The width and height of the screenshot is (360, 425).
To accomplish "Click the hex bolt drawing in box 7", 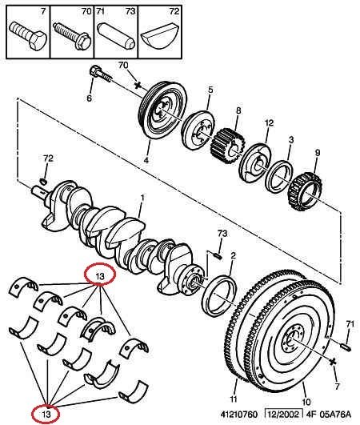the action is (28, 36).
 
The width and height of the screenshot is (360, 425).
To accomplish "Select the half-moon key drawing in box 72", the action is (159, 36).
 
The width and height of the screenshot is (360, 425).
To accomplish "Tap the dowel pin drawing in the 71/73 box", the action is (116, 35).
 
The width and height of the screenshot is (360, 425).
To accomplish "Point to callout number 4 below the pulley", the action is (146, 160).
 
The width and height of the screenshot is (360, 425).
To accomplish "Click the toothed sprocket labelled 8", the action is (228, 146).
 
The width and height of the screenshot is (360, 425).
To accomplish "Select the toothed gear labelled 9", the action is (305, 192).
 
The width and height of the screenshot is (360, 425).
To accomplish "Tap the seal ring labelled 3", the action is (279, 176).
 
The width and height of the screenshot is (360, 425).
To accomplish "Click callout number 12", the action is (269, 123).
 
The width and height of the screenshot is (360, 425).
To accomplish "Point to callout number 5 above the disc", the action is (210, 90).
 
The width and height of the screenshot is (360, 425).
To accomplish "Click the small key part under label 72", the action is (44, 180).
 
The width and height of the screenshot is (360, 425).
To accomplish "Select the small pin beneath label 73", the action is (218, 255).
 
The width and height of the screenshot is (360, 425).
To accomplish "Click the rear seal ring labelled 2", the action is (219, 295).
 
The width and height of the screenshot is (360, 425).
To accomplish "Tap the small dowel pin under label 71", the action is (346, 347).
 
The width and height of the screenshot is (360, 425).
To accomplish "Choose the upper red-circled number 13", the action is (100, 276).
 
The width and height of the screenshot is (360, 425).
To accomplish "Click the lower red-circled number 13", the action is (46, 414).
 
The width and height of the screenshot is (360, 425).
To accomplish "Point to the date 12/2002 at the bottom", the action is (284, 414).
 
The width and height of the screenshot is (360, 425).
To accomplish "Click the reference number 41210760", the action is (238, 415).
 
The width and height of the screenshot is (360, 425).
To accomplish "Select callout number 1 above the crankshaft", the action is (142, 198).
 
